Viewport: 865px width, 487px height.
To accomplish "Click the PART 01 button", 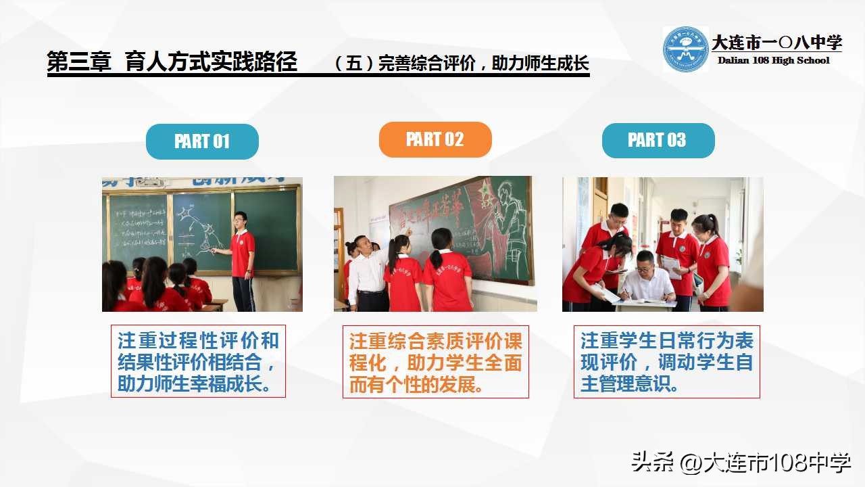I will click(x=202, y=141).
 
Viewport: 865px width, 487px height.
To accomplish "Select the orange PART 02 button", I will click(x=435, y=139).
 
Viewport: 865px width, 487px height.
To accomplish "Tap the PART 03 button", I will click(x=658, y=140).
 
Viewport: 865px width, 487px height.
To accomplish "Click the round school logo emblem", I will click(x=685, y=49).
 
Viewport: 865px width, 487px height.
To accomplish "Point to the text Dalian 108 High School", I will click(x=773, y=60).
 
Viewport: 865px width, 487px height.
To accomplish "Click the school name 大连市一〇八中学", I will click(x=776, y=43).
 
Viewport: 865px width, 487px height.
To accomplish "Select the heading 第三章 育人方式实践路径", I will click(x=172, y=62).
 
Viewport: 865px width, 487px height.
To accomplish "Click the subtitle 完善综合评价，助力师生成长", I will click(x=462, y=64).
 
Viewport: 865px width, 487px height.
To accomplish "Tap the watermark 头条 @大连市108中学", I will click(x=741, y=463).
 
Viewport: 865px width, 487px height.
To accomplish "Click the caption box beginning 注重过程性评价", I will click(x=198, y=361).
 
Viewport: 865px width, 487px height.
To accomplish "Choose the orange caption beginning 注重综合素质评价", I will click(x=435, y=362).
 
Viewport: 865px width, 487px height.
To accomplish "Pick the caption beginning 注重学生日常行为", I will click(x=666, y=361).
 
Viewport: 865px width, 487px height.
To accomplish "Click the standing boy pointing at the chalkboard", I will click(x=241, y=257).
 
